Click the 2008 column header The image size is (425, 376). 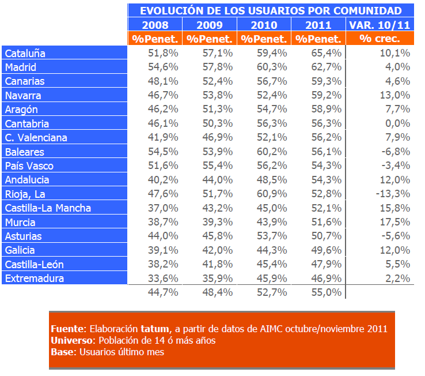coord(155,25)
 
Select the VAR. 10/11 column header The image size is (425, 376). coord(380,25)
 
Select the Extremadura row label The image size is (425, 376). coord(35,279)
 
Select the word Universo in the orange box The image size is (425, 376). coord(71,340)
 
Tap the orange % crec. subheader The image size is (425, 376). coord(380,39)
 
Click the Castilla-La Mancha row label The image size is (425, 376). coord(48,208)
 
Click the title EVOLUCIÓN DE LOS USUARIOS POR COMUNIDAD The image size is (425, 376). coord(271,10)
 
